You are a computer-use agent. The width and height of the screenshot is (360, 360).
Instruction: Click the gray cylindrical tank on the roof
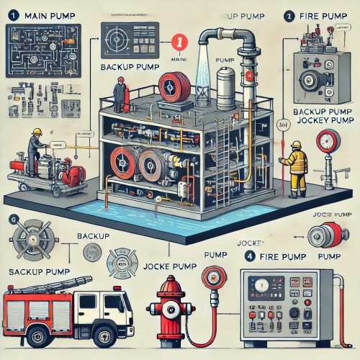pos(228,84)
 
